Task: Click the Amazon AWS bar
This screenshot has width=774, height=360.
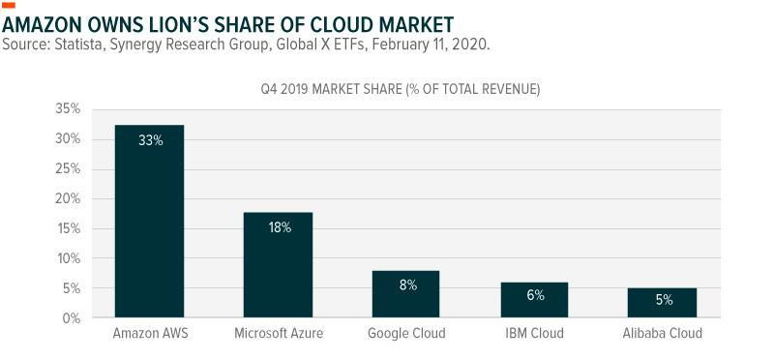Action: pos(149,221)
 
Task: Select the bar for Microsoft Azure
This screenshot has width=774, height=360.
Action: pos(278,265)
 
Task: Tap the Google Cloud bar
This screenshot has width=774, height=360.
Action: pos(405,294)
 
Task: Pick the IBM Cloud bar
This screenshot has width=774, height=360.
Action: pos(534,300)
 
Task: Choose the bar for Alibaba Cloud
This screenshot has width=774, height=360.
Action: pos(662,303)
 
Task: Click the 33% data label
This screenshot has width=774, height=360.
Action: pos(151,140)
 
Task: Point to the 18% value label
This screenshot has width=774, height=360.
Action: pos(280,228)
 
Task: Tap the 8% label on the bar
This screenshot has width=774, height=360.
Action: pos(408,285)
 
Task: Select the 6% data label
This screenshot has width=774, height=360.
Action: pos(535,295)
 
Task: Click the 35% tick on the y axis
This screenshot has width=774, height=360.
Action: pos(68,109)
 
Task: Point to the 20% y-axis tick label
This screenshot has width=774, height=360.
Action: pos(68,198)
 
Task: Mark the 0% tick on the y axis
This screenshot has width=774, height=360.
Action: pos(72,318)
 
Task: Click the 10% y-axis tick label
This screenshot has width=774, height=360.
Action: pos(68,258)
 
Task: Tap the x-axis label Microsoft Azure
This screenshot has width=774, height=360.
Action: pos(279,333)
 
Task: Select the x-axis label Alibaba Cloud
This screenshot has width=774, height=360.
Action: pos(662,333)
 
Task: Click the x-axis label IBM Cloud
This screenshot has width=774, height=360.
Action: pos(534,333)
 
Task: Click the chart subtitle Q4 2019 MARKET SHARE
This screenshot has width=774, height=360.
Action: pos(331,90)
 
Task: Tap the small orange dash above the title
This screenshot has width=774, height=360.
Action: pos(9,6)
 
